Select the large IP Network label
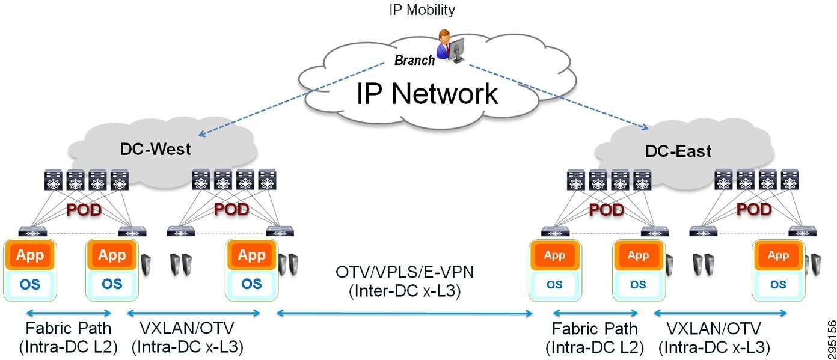click(427, 94)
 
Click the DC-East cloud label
click(678, 151)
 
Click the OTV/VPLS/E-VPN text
click(405, 272)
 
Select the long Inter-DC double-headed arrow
click(404, 313)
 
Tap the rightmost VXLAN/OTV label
click(713, 328)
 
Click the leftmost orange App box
click(29, 256)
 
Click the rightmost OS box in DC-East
click(777, 284)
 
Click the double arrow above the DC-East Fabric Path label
click(595, 313)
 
